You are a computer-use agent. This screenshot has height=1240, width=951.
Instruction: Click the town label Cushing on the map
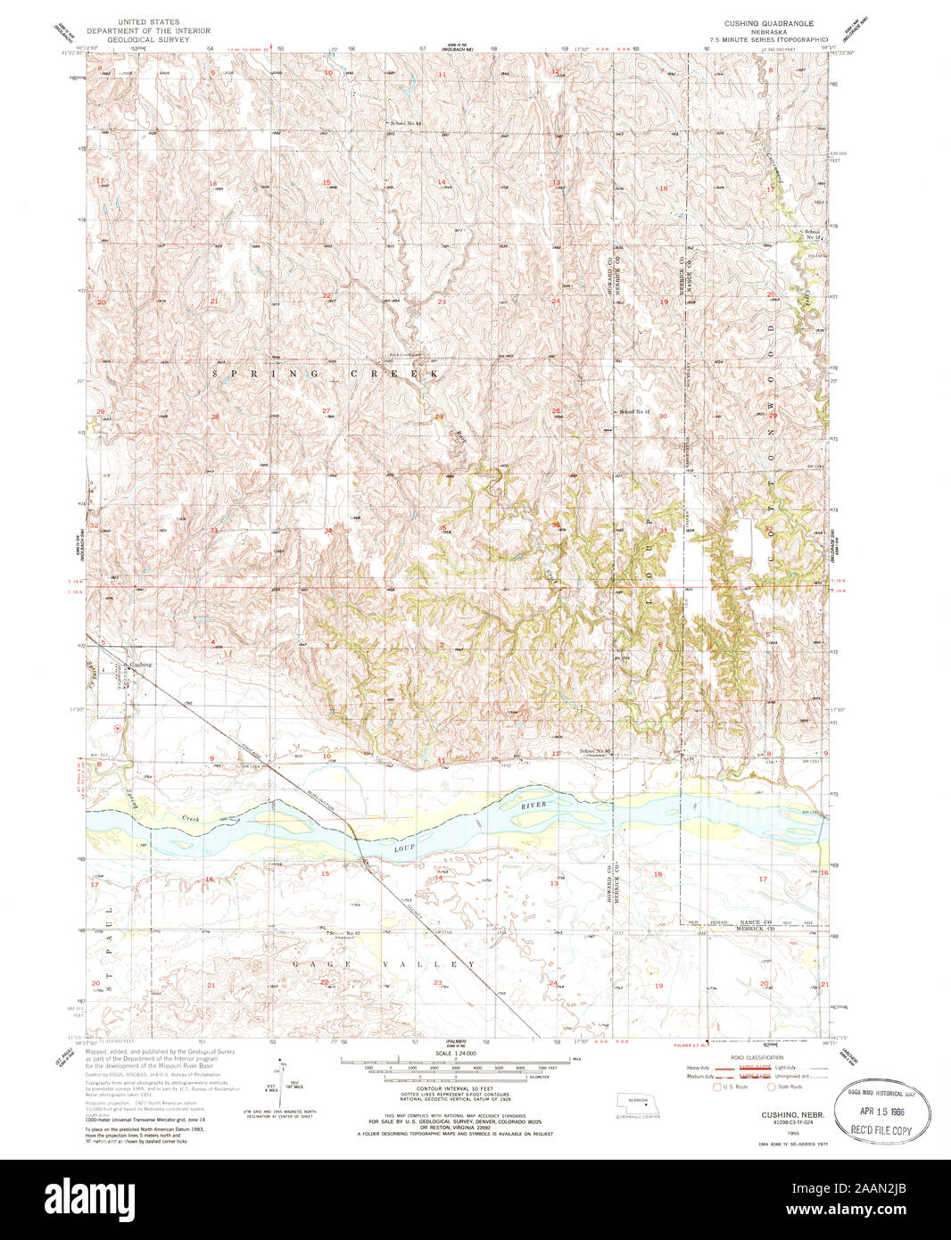click(140, 665)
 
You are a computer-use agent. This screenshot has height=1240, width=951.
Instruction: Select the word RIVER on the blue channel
click(533, 805)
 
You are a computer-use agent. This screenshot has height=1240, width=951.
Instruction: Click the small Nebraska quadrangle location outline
click(639, 1103)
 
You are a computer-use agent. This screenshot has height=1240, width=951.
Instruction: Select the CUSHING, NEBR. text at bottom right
click(791, 1115)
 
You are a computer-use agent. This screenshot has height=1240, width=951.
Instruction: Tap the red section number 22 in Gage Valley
click(324, 981)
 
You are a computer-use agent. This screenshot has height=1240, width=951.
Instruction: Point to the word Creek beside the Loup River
click(190, 817)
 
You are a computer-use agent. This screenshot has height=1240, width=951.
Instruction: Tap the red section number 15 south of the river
click(326, 873)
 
